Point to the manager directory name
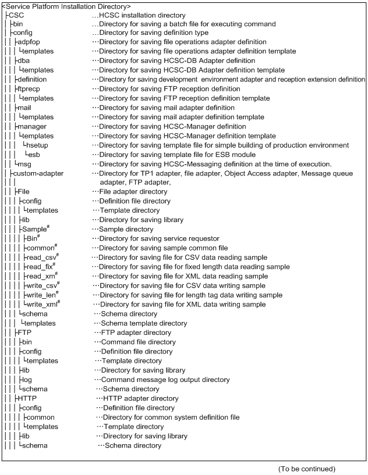(x=30, y=126)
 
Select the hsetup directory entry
(x=38, y=145)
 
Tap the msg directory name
(x=24, y=164)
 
